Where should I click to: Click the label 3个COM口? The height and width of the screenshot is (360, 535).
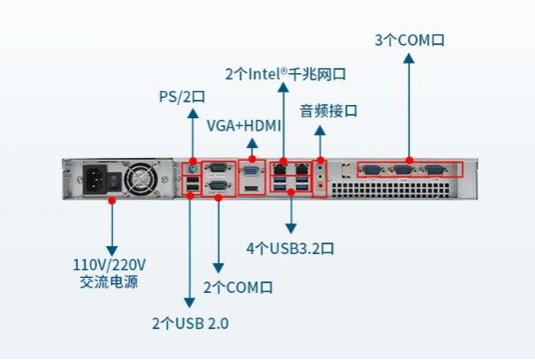coord(409,40)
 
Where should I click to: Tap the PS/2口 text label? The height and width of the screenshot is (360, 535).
coord(181,95)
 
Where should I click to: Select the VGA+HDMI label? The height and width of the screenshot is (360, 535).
coord(239,125)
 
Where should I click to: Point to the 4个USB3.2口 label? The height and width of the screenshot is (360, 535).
coord(290,248)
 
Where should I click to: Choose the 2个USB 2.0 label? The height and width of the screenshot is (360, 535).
coord(190,323)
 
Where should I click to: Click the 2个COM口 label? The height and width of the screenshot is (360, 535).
coord(238,288)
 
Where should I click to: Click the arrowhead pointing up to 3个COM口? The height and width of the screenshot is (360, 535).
coord(409,59)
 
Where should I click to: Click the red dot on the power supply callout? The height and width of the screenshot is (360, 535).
coord(112,201)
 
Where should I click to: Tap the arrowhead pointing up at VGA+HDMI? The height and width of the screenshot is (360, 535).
coord(252,142)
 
